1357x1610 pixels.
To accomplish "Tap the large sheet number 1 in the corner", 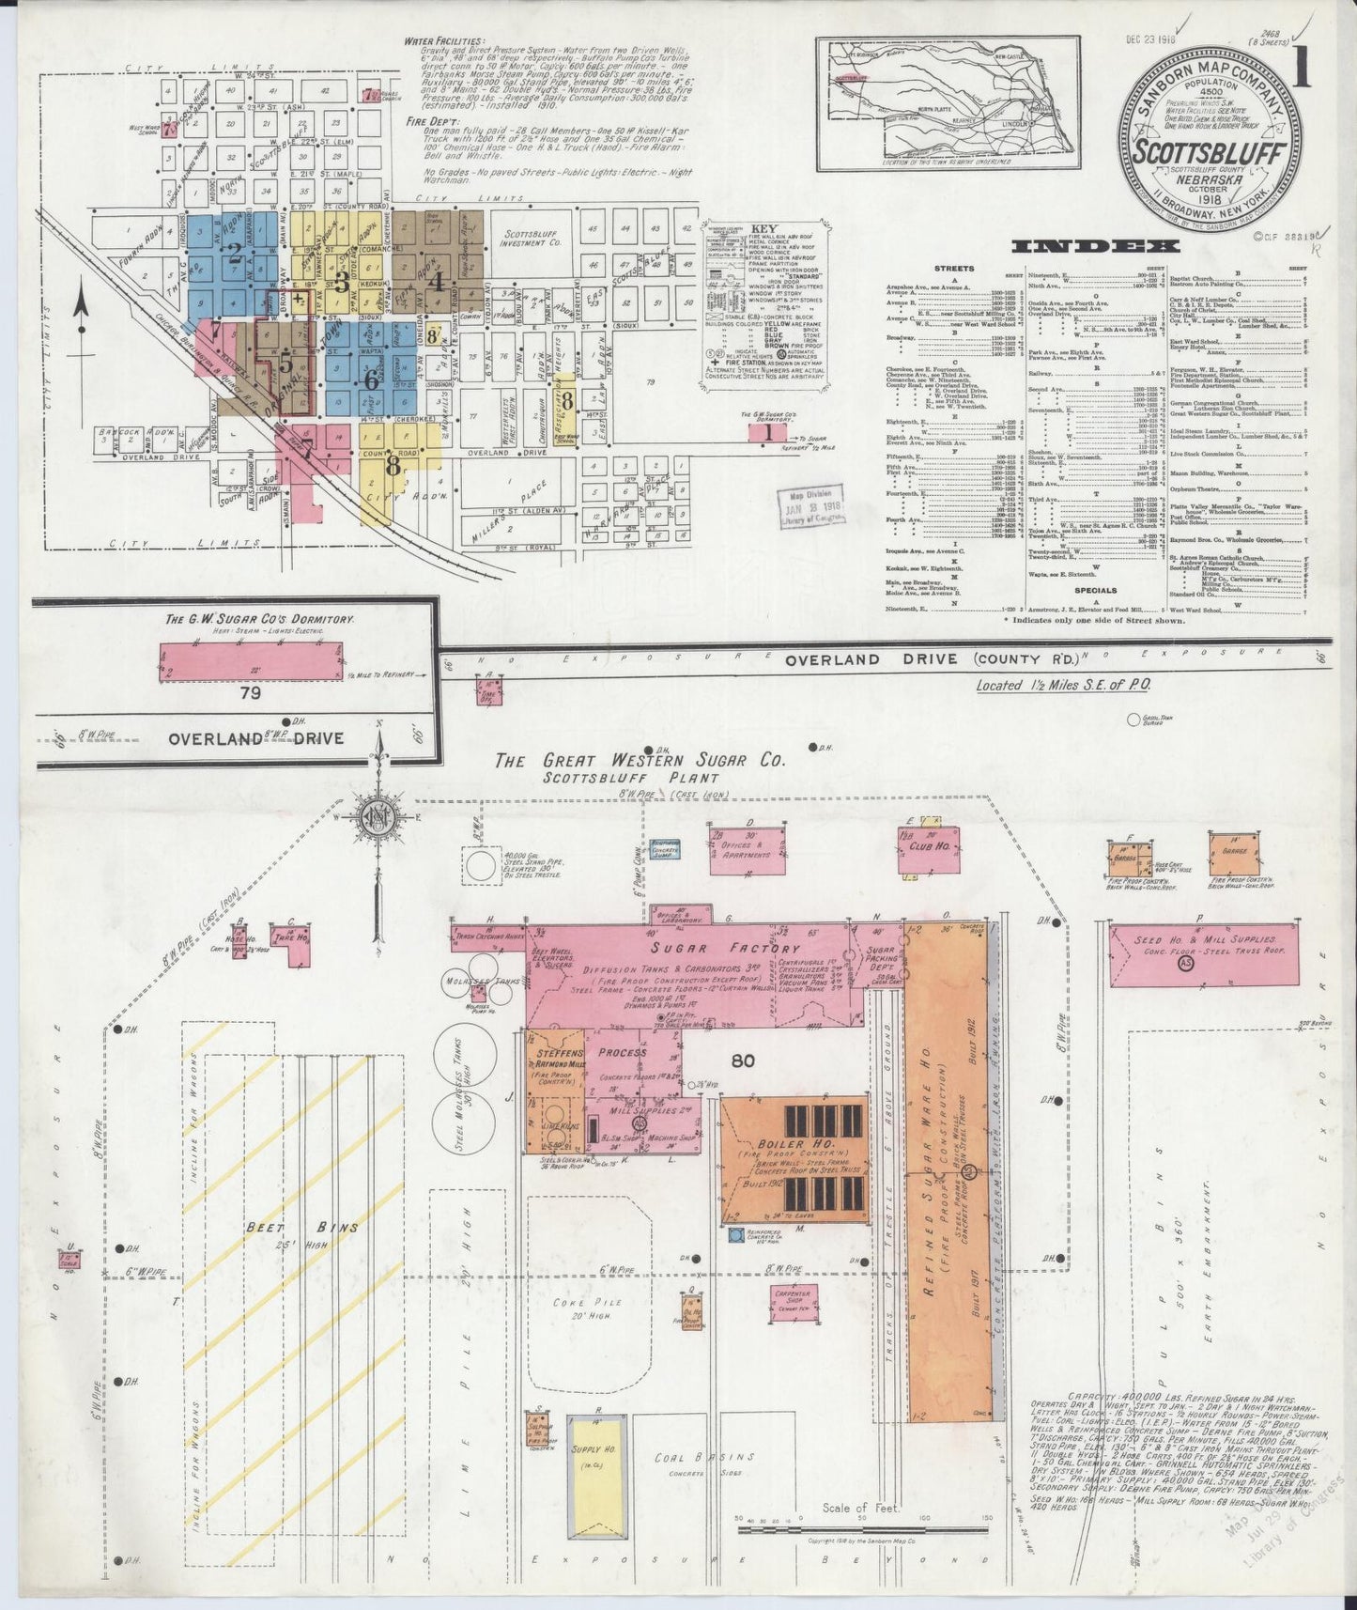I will (1302, 71).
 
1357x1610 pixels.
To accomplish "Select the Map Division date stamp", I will (809, 503).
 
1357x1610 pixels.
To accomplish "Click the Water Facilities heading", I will (444, 41).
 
